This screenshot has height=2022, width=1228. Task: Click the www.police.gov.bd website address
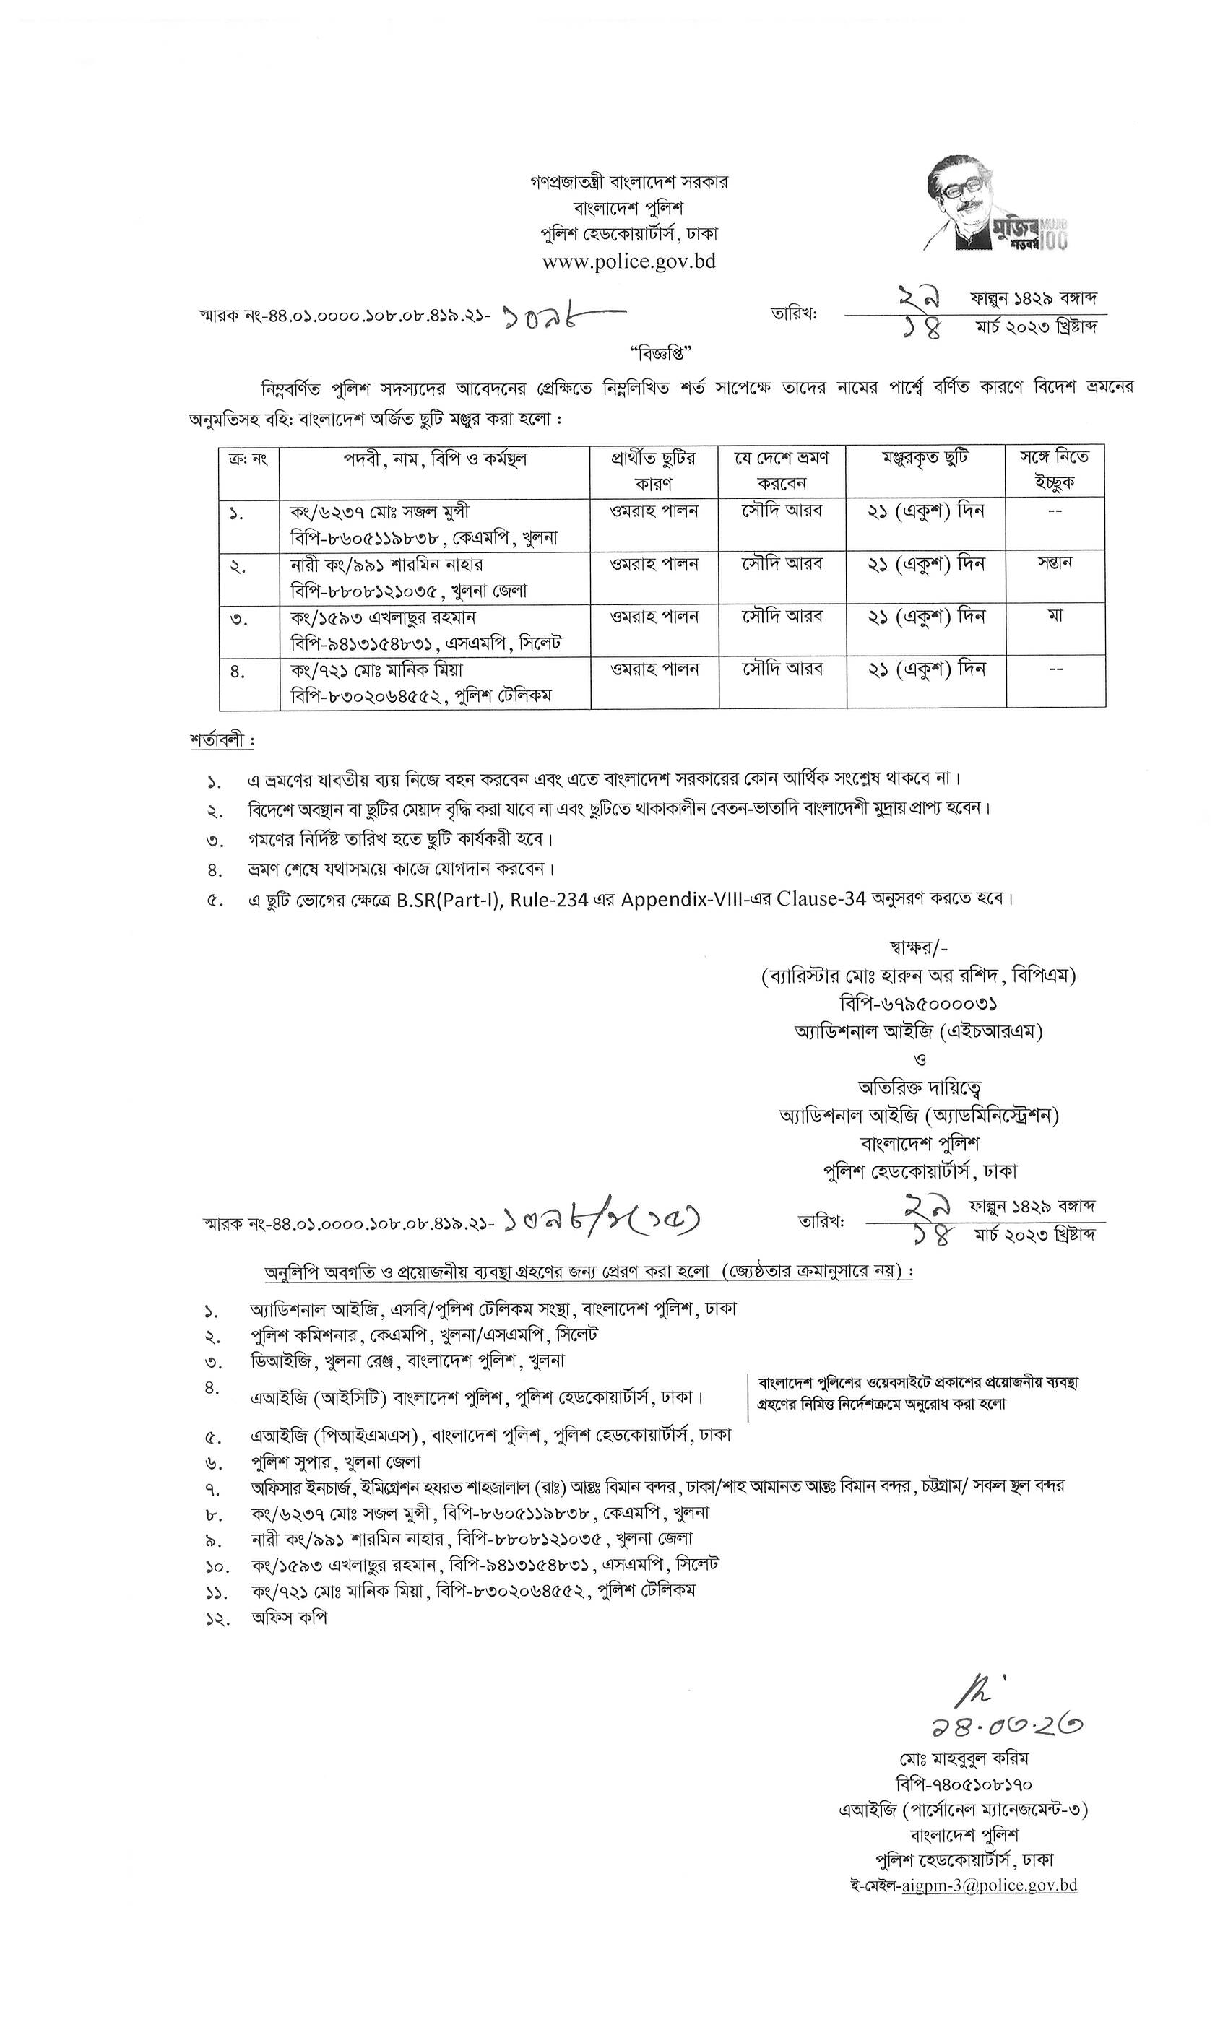pos(628,261)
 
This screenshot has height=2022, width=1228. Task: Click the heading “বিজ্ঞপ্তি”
pos(662,353)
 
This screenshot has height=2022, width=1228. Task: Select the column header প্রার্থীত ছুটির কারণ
pos(654,470)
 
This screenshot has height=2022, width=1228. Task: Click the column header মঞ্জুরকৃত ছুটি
pos(925,459)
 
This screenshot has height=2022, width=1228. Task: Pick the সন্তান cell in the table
pos(1055,564)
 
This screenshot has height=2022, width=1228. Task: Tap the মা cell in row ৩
pos(1055,615)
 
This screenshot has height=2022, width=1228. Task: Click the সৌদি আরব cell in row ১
pos(783,511)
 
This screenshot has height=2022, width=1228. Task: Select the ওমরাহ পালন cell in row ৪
pos(654,669)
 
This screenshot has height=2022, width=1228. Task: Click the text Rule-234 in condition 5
pos(549,899)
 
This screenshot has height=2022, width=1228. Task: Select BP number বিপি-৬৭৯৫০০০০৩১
pos(917,1003)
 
